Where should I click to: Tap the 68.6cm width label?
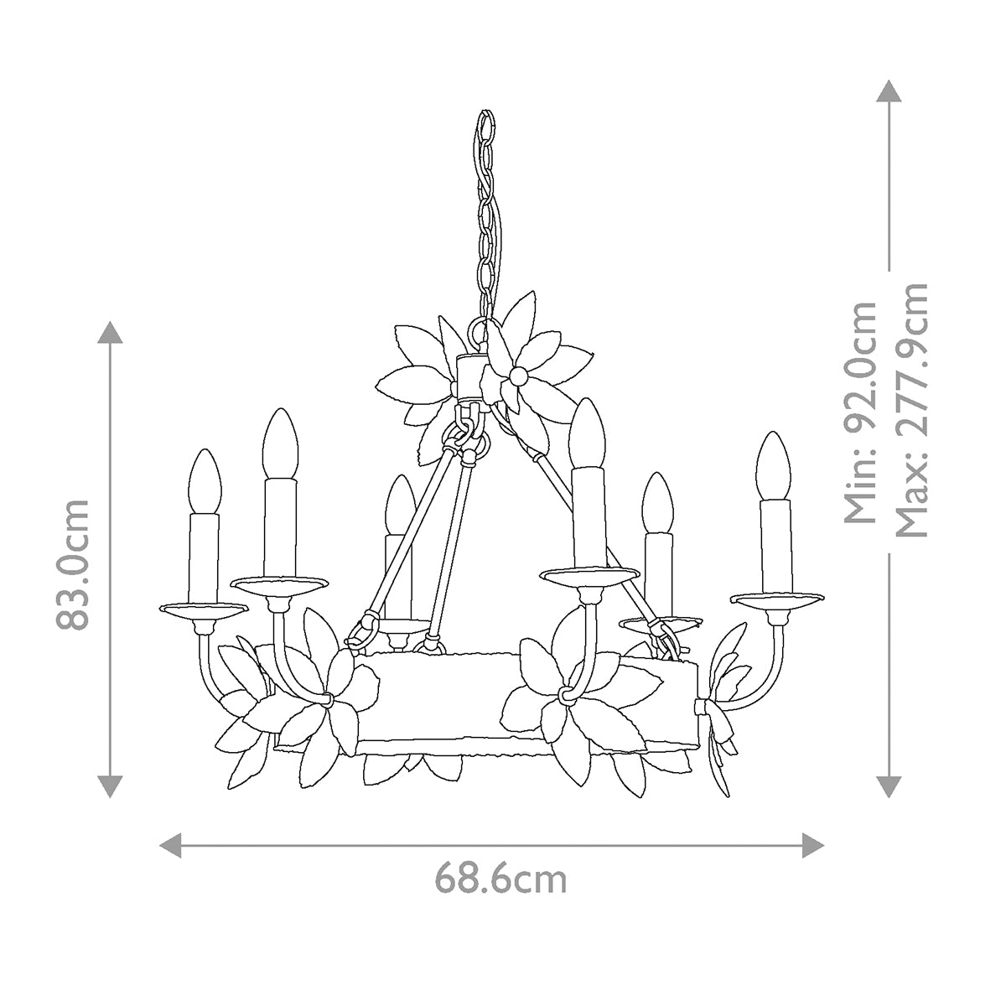click(x=500, y=879)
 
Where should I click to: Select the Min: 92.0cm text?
click(x=862, y=412)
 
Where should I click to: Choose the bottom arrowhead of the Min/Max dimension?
click(x=889, y=786)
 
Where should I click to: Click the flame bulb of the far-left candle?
click(x=204, y=481)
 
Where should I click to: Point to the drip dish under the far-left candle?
click(x=201, y=609)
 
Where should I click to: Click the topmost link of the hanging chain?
click(x=485, y=127)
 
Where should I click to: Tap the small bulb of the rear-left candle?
click(x=398, y=505)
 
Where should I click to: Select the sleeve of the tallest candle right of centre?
click(x=589, y=516)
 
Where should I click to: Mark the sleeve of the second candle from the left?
click(x=280, y=526)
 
